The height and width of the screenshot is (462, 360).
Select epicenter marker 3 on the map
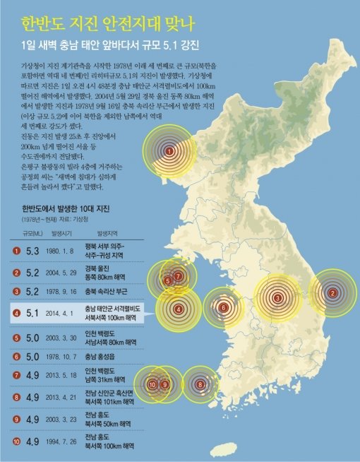click(x=278, y=298)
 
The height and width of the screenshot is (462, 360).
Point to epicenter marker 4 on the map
click(x=179, y=309)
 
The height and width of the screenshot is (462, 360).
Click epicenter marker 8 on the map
click(x=201, y=384)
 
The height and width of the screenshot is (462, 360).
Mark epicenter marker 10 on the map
click(x=152, y=384)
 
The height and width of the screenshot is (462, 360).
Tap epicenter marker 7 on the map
click(x=179, y=276)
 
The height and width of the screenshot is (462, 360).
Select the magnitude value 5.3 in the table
click(x=32, y=251)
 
